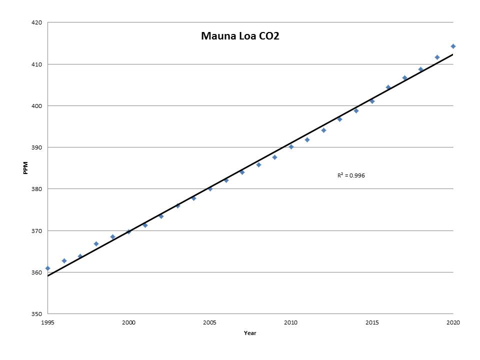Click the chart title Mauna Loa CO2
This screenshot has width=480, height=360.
tap(240, 36)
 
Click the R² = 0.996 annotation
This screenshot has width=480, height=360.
tap(351, 175)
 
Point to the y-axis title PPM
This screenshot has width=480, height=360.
tap(25, 168)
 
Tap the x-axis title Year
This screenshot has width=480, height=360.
tap(250, 333)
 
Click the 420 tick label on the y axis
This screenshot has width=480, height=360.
tap(36, 22)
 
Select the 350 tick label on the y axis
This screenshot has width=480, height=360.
tap(36, 314)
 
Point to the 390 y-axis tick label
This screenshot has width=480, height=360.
tap(36, 147)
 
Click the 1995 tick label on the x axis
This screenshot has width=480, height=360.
tap(48, 322)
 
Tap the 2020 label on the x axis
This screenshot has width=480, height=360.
tap(453, 322)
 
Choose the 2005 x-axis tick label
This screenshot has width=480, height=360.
tap(209, 322)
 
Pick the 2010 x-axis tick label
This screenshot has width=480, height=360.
tap(291, 322)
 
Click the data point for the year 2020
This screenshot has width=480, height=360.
tap(453, 46)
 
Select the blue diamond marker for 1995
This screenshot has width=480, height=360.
tap(48, 268)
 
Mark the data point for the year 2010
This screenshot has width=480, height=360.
tap(291, 147)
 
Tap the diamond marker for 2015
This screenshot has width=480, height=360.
tap(372, 101)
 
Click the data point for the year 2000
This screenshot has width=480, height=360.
tap(129, 231)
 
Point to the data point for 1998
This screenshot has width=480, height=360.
tap(96, 244)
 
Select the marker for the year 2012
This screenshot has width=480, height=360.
tap(323, 130)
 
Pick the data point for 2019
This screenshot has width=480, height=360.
tap(437, 57)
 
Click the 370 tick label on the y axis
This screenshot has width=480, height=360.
tap(36, 231)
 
